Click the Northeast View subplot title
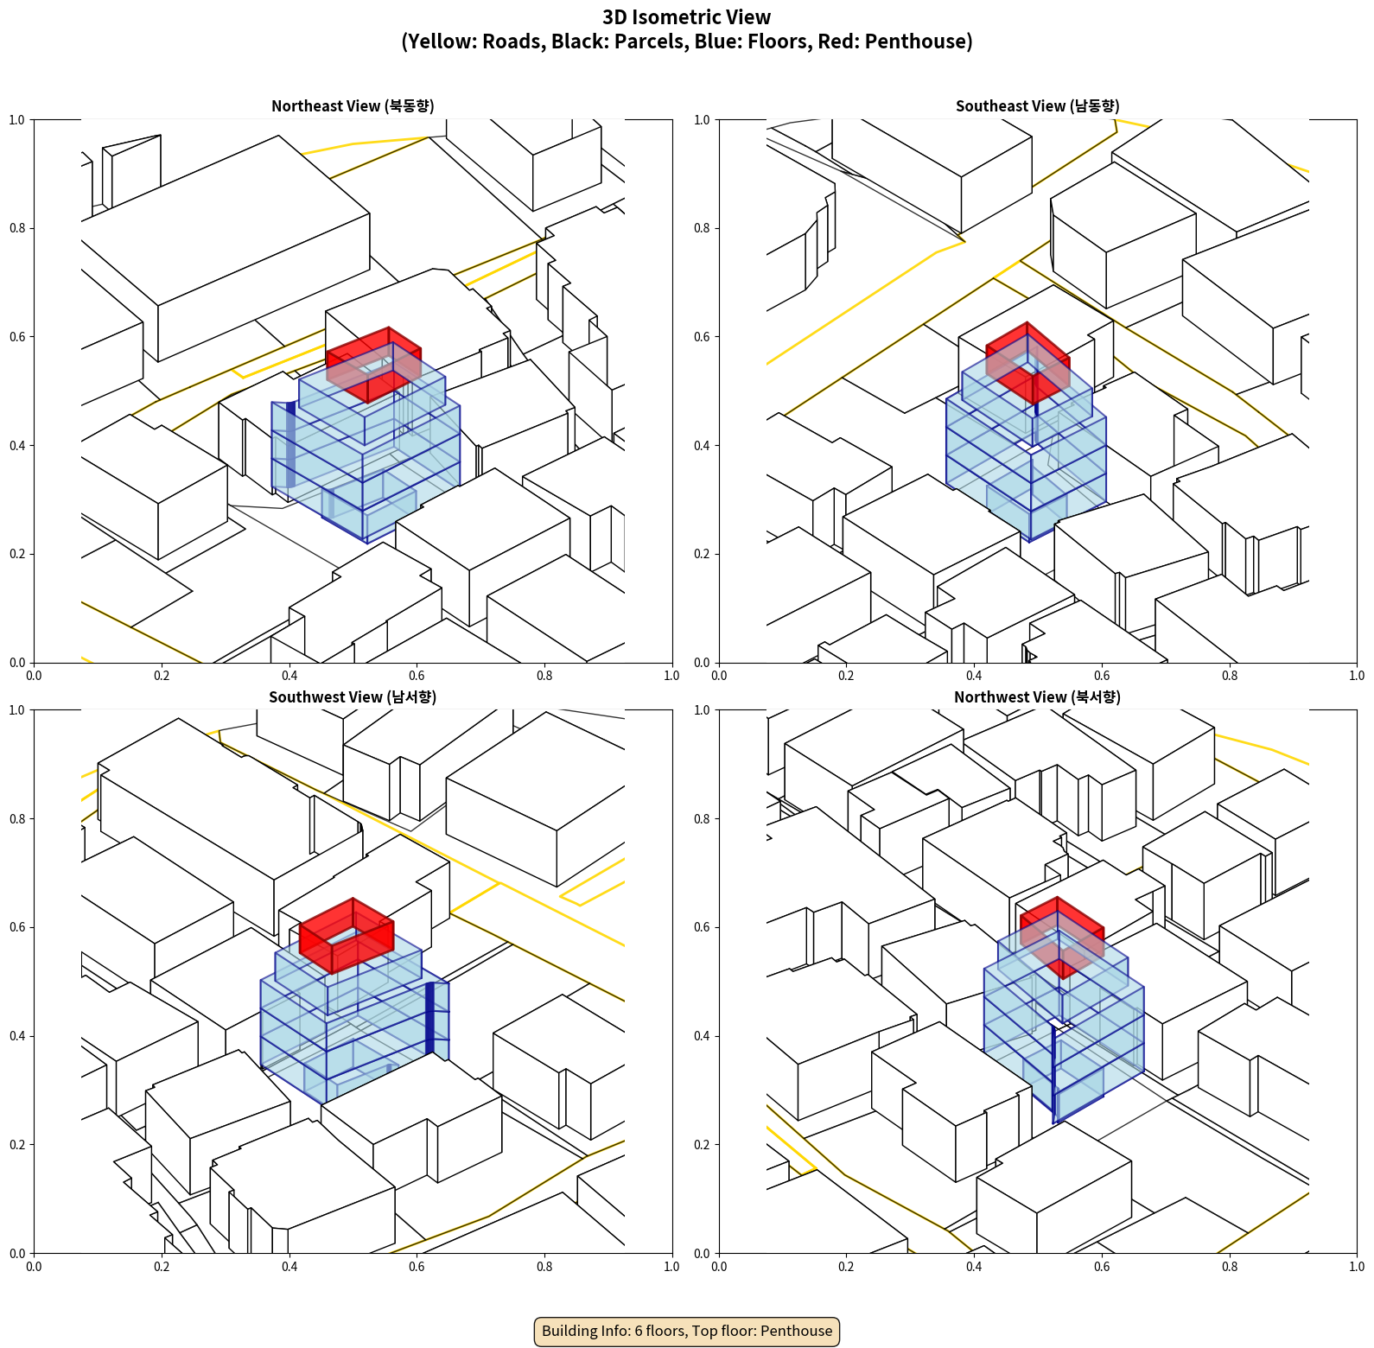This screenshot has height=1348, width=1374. (353, 106)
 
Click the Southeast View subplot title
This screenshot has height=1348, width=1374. (1037, 106)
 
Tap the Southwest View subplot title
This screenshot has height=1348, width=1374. (353, 697)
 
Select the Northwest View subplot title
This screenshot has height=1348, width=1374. (1037, 697)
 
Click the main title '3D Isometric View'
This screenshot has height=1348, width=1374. (686, 17)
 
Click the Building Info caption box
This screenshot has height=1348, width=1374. (687, 1331)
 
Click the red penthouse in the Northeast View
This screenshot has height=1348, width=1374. (373, 363)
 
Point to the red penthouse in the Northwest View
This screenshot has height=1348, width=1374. (1061, 932)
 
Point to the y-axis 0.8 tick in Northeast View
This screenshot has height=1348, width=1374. (17, 228)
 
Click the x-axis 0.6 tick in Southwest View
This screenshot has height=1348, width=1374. (417, 1267)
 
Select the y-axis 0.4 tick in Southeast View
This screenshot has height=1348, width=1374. (702, 446)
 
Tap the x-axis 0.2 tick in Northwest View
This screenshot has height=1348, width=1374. (846, 1267)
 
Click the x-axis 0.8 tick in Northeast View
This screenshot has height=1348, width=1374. (544, 676)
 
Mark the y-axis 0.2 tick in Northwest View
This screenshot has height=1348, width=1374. (702, 1145)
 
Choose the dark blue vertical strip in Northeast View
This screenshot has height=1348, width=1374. (291, 445)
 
